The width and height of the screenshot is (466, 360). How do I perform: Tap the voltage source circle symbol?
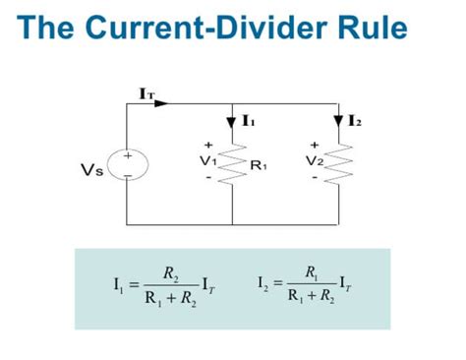tap(128, 164)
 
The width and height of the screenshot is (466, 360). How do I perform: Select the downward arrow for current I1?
tap(232, 121)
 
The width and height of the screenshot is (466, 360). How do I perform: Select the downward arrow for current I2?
tap(338, 121)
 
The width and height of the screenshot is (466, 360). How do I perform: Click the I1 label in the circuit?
tap(249, 121)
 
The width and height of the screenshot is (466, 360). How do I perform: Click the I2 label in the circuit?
tap(355, 121)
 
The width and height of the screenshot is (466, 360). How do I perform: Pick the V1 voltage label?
tap(207, 160)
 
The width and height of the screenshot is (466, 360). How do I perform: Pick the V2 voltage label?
tap(314, 160)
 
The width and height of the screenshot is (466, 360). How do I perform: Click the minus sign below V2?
tap(314, 178)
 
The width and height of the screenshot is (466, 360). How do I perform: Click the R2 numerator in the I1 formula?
tap(171, 272)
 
